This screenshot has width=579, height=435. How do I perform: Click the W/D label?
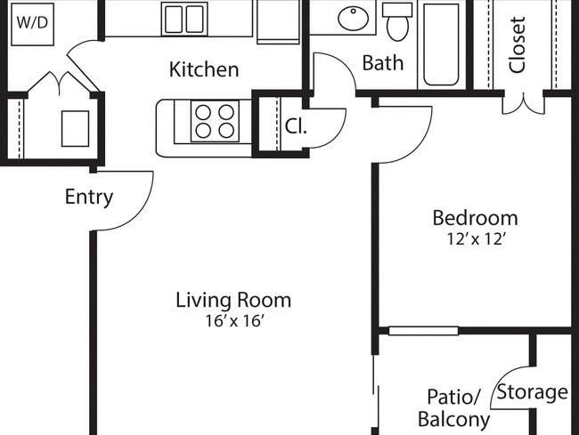point(32,23)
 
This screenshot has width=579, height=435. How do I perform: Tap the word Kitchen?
point(204,69)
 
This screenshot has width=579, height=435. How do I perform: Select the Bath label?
point(382,62)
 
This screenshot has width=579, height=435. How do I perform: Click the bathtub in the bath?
point(441,44)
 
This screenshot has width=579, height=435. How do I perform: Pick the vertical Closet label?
point(517,44)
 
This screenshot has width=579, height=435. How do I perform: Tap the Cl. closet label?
point(296,126)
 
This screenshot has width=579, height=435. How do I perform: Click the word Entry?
point(89,197)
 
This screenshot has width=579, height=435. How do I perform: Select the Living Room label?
point(233,300)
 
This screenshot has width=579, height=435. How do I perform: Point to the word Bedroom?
point(476,218)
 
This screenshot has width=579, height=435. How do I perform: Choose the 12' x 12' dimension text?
point(476,239)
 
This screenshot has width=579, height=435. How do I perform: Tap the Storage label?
point(532,392)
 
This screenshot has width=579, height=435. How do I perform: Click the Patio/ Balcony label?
point(454,408)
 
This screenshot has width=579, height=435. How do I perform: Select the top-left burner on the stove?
point(203,112)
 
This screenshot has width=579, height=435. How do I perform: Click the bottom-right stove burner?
point(226,130)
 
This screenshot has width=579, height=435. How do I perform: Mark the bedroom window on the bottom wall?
point(423,331)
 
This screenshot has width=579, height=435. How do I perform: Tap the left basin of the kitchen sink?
point(174,20)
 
